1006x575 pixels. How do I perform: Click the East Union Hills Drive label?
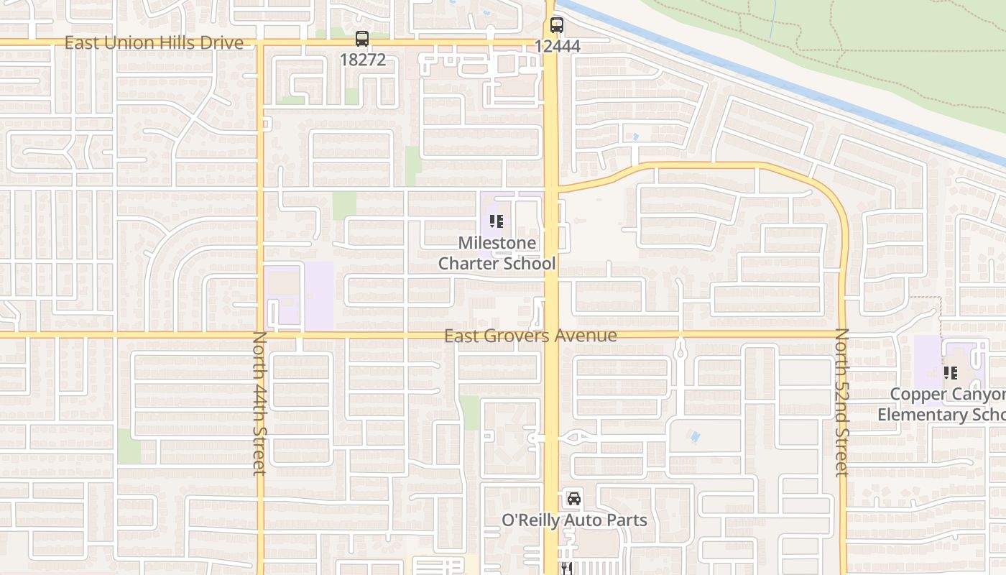(154, 42)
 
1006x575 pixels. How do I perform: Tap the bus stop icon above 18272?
(362, 39)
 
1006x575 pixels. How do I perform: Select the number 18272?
(362, 60)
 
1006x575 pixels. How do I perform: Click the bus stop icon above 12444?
(557, 25)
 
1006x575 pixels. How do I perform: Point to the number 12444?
(557, 46)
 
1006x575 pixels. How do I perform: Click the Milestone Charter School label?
(497, 253)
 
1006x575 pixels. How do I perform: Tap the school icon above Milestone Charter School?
(497, 221)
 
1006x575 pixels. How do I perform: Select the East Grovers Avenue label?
(530, 336)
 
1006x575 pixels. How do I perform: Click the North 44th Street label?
(260, 402)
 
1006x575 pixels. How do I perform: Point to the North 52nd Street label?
(842, 402)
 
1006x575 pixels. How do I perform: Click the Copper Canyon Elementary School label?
(941, 405)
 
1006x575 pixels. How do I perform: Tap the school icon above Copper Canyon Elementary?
(951, 373)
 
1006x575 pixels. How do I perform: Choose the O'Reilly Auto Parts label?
(574, 520)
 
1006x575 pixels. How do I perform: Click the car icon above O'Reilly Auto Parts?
(573, 498)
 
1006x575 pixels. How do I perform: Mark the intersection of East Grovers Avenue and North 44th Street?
(260, 335)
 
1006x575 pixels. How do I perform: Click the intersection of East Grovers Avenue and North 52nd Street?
(843, 335)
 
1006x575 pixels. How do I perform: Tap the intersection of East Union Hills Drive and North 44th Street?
(260, 43)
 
